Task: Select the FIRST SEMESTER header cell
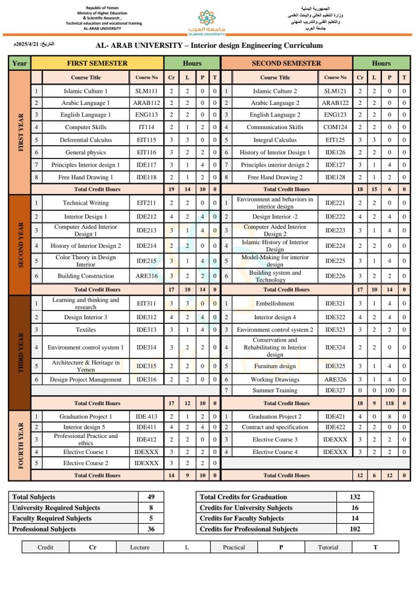97,63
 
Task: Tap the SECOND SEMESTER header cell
286,63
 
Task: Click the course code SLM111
146,91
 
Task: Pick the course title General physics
85,152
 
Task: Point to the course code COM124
335,127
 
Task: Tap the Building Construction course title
85,277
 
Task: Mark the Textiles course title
85,330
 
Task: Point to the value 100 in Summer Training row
389,391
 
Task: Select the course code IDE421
335,417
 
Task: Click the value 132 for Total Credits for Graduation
355,497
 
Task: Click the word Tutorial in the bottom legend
328,547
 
